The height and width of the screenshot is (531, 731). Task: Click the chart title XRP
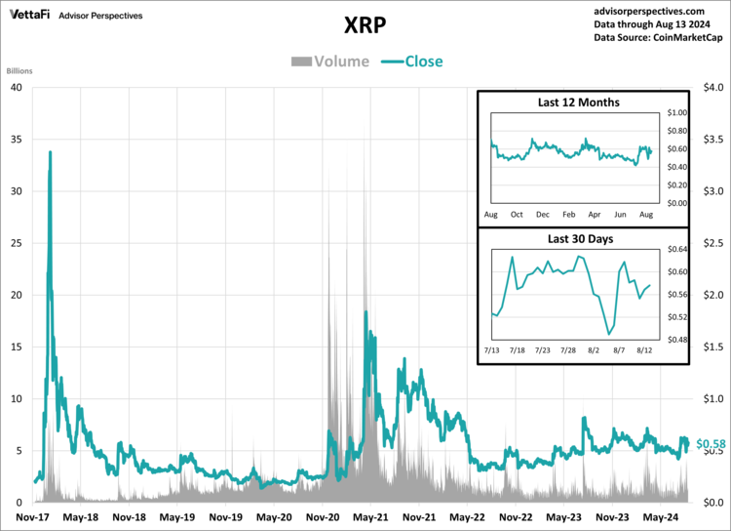pos(365,23)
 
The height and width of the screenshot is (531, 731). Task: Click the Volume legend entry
pos(330,61)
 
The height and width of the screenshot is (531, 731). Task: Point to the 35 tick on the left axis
pos(16,139)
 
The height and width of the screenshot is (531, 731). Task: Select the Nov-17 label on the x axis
pos(33,517)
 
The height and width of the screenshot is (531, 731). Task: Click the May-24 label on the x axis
pos(659,517)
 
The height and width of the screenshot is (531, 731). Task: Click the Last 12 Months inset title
pos(579,102)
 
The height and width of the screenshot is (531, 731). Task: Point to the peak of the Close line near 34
pos(50,152)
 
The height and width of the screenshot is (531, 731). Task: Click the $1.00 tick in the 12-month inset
pos(676,113)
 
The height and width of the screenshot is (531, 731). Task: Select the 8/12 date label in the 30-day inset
pos(644,348)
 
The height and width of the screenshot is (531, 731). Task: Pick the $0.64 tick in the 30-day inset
pos(676,249)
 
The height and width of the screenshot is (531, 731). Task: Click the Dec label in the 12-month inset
pos(542,213)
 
